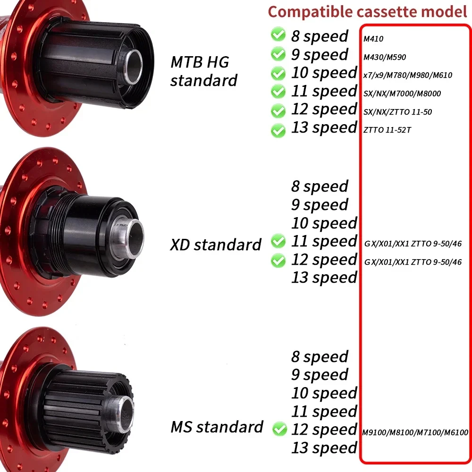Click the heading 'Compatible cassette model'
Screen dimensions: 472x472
click(367, 12)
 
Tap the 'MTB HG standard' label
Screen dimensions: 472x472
click(203, 71)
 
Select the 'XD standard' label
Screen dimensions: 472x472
click(216, 244)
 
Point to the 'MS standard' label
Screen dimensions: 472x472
click(217, 427)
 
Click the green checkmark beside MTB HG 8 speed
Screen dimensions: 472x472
click(278, 35)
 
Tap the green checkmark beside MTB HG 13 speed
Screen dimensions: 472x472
click(278, 129)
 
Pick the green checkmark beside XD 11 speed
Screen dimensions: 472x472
click(278, 242)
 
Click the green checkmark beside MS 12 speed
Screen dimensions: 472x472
click(280, 429)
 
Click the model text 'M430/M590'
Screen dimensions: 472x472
click(385, 58)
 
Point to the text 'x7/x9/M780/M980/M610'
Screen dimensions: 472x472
click(401, 76)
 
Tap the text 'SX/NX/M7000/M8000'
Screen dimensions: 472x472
click(402, 93)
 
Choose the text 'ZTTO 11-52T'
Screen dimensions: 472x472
click(387, 129)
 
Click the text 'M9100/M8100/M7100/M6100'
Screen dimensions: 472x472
click(415, 432)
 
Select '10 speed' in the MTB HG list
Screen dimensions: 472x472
click(324, 73)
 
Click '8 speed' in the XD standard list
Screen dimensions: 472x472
click(320, 186)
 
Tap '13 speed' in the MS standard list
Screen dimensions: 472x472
click(324, 447)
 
